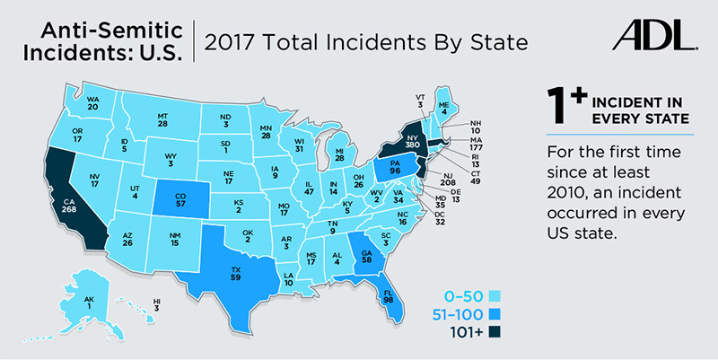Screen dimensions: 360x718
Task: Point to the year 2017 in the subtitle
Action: (236, 40)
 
